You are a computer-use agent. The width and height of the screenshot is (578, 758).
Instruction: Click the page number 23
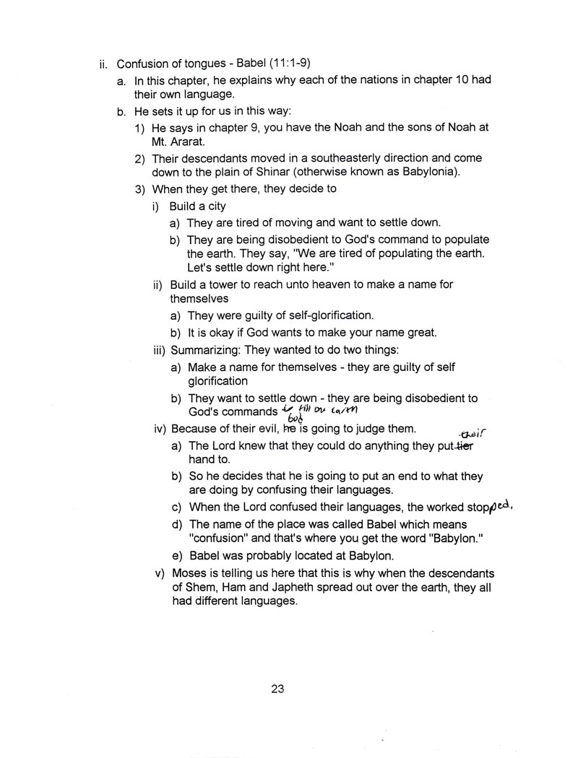pos(277,689)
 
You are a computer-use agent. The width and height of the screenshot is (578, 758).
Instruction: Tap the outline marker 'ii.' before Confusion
pos(104,63)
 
